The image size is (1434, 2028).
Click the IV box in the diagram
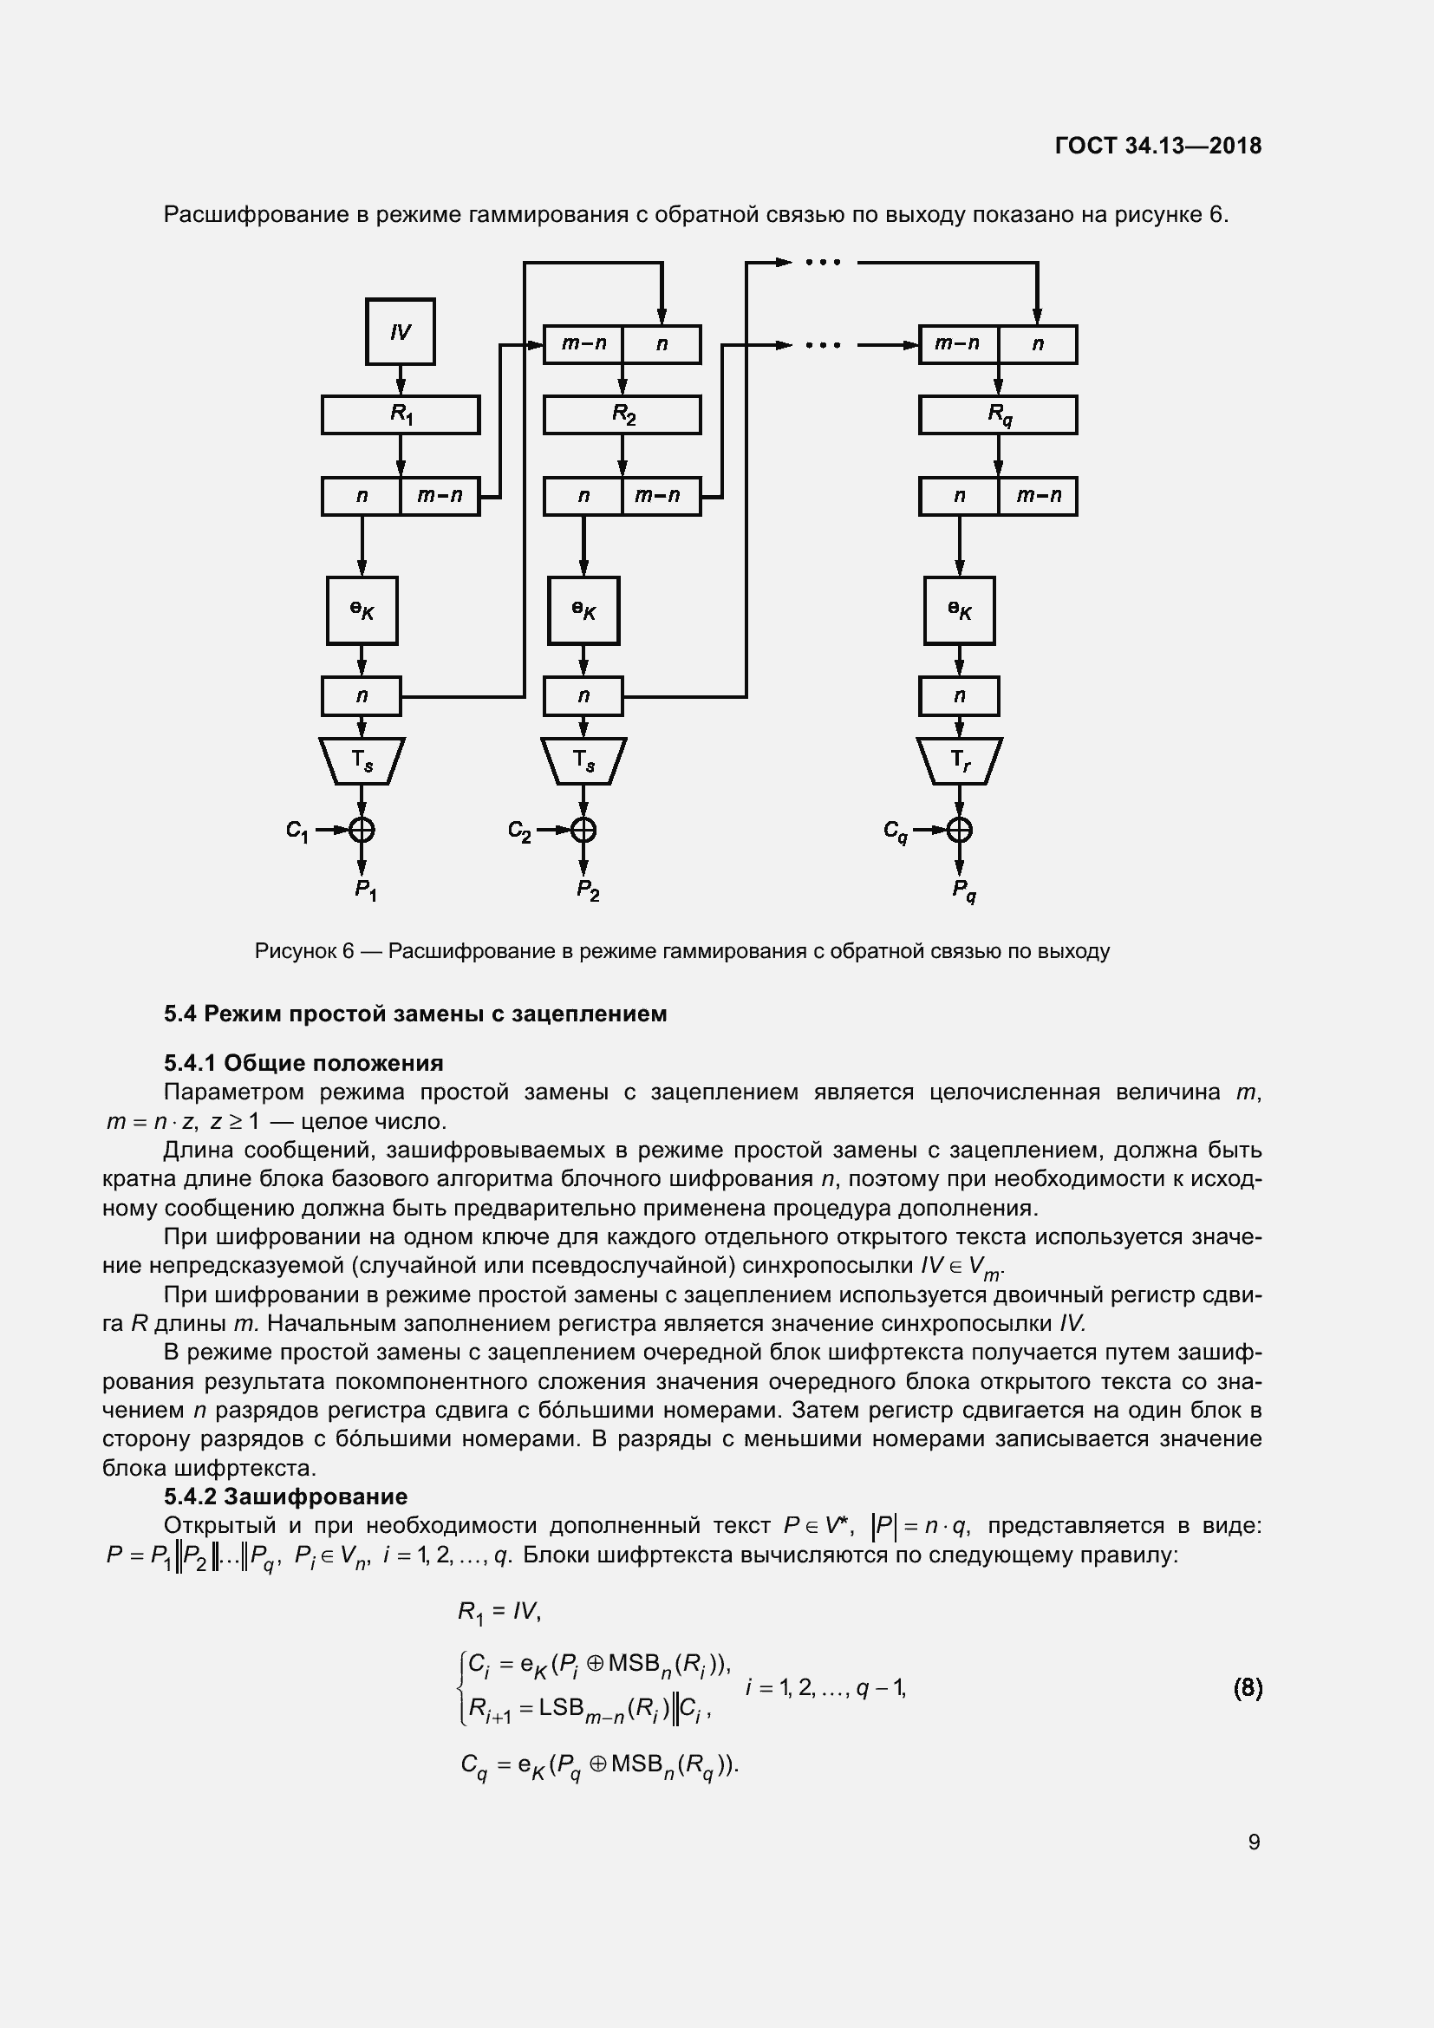point(400,331)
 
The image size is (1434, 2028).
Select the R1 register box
point(400,414)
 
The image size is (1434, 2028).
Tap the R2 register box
point(622,414)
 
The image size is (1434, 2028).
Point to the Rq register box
point(998,414)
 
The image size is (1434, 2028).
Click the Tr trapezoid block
point(959,760)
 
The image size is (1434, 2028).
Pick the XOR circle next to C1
point(362,830)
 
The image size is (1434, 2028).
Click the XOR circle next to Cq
point(959,830)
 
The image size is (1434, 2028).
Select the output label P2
point(588,890)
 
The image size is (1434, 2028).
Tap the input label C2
point(519,831)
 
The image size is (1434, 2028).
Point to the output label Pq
point(964,890)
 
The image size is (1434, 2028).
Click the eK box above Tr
point(959,610)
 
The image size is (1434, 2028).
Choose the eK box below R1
point(362,610)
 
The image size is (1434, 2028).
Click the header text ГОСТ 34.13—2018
point(1157,146)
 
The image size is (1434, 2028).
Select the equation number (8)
point(1247,1688)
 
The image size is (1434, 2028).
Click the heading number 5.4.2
point(191,1497)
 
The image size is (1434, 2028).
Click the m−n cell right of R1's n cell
point(440,497)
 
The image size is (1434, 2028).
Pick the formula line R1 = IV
point(499,1612)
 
